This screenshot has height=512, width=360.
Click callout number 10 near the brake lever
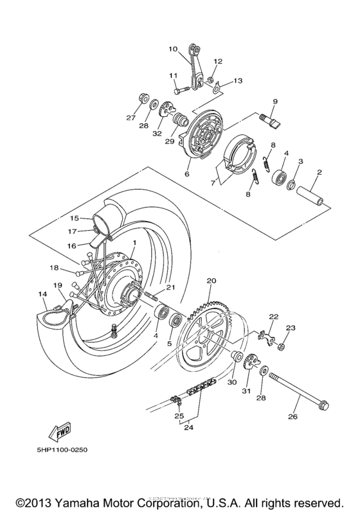coord(172,48)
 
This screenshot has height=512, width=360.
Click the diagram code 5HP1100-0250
coord(57,467)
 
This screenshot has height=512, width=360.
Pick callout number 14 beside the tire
coord(42,294)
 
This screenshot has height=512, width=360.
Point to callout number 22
coord(274,317)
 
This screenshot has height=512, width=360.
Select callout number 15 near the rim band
coord(74,218)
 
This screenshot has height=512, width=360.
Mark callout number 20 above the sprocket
coord(211,281)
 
